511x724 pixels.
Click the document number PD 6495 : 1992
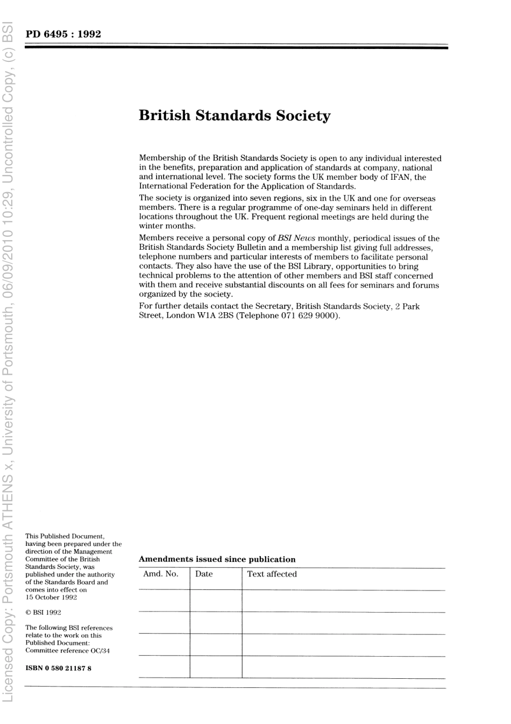(x=63, y=34)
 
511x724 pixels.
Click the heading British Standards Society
(x=235, y=116)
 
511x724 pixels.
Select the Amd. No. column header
(x=160, y=574)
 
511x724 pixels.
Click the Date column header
(x=204, y=574)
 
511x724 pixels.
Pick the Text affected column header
(x=272, y=574)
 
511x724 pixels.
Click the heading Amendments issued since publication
(x=217, y=559)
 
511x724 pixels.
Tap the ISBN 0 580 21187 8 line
(x=58, y=669)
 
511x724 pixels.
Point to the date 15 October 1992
(x=51, y=598)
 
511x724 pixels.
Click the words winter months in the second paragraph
(x=167, y=226)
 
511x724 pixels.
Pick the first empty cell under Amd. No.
(x=164, y=601)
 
